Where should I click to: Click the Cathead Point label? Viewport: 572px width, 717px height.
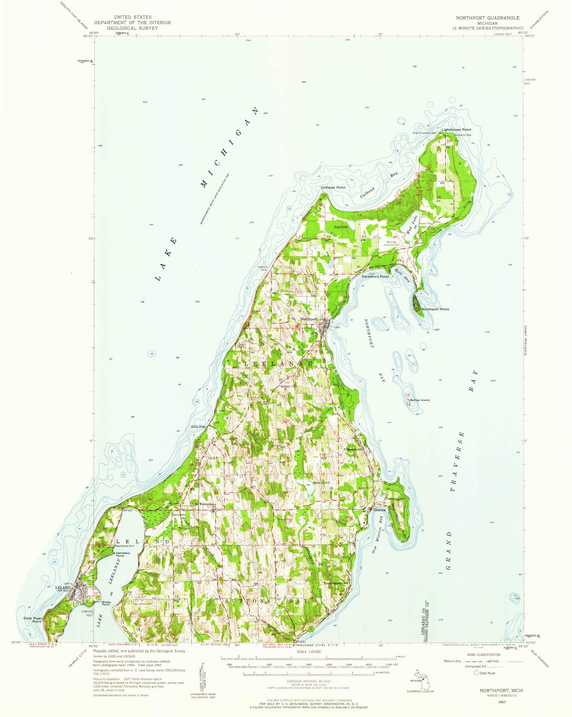333,188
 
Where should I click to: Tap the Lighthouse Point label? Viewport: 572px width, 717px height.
456,129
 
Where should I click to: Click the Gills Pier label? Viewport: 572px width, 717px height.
198,426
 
